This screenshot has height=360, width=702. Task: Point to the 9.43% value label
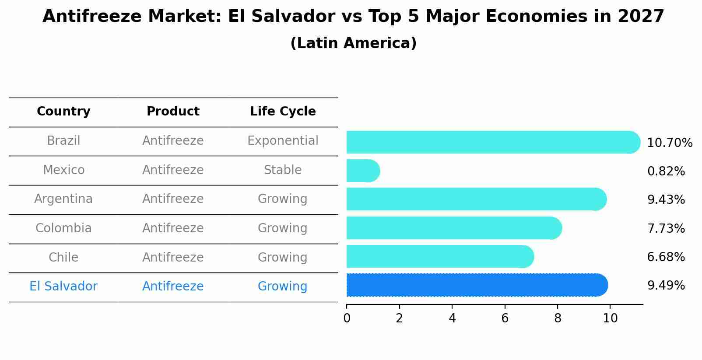point(666,200)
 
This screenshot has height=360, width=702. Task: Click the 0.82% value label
point(666,171)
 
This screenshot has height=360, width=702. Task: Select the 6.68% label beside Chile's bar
point(666,257)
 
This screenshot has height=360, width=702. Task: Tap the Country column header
point(63,112)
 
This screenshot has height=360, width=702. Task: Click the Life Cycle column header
point(283,112)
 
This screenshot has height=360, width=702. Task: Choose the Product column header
point(173,112)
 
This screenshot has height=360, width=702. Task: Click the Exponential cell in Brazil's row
point(283,141)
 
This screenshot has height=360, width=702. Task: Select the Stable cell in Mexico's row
point(283,170)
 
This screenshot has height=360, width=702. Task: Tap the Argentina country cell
point(63,199)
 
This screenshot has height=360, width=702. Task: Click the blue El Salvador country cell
point(63,287)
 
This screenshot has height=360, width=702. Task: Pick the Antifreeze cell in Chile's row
point(173,257)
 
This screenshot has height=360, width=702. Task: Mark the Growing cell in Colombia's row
point(283,228)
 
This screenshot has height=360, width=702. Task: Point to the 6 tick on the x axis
point(505,318)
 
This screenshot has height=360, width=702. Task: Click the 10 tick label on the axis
point(610,318)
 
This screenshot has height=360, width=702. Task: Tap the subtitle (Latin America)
point(353,43)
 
